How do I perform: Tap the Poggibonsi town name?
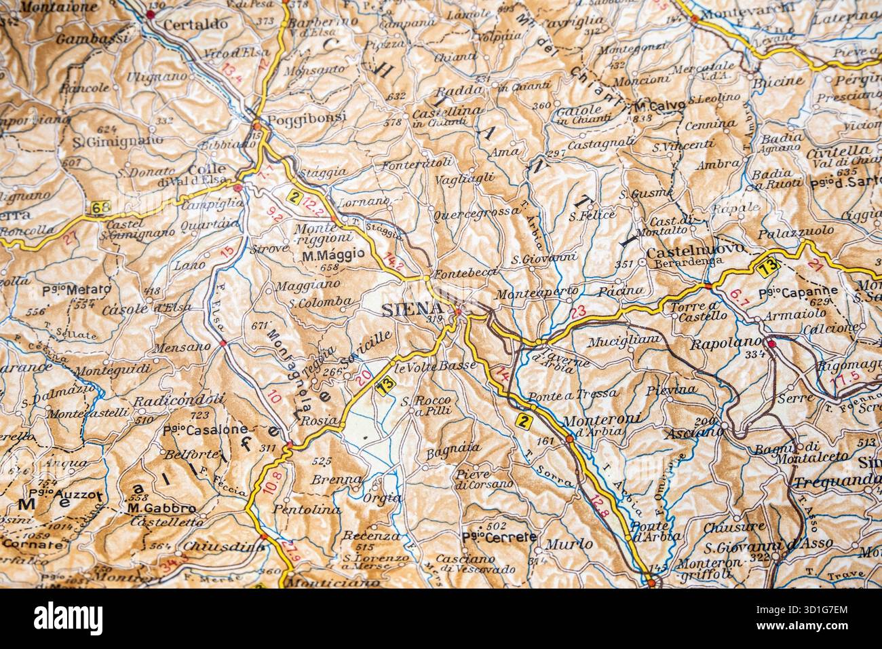click(307, 117)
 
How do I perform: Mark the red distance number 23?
click(577, 313)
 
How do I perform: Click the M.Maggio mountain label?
click(333, 255)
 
